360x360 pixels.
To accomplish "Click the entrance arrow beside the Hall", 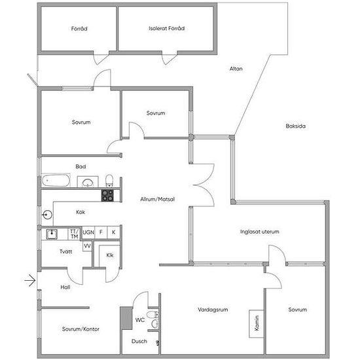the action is [x=30, y=280].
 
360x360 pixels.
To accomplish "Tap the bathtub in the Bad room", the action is [x=56, y=181].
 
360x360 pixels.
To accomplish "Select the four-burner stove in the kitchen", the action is [x=107, y=196].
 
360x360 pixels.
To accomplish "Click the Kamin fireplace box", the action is [x=257, y=324].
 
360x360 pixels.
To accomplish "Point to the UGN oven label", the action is [x=88, y=232].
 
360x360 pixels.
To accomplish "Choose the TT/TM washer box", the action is [x=74, y=234].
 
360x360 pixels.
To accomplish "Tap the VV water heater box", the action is [x=87, y=246].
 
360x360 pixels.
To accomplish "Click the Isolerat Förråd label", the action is [x=167, y=28].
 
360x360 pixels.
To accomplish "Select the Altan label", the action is [x=236, y=69].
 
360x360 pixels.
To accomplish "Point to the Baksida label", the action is [x=295, y=126].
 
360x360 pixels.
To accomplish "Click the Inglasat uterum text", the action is [x=260, y=232].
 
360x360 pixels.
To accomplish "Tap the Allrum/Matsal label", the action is [x=158, y=199].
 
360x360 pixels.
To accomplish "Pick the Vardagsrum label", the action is [x=213, y=310].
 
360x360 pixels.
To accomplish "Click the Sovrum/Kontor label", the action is [x=81, y=329].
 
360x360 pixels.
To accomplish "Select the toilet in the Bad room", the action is [x=109, y=181].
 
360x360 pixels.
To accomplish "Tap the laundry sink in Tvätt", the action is [x=52, y=234].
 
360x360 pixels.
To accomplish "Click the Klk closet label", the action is [x=110, y=255].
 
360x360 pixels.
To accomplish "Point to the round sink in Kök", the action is [x=47, y=215].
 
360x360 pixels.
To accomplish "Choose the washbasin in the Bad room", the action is [x=88, y=182].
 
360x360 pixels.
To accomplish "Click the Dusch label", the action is [x=139, y=341].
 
